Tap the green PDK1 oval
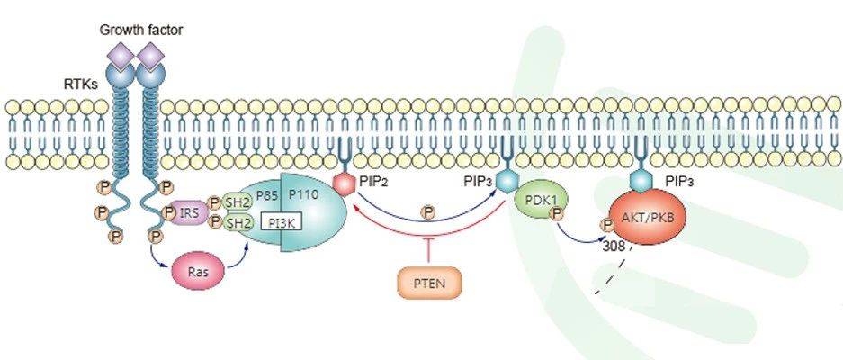tap(535, 206)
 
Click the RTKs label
tap(80, 85)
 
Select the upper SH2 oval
tap(237, 202)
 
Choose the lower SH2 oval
tap(237, 222)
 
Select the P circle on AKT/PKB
tap(596, 226)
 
